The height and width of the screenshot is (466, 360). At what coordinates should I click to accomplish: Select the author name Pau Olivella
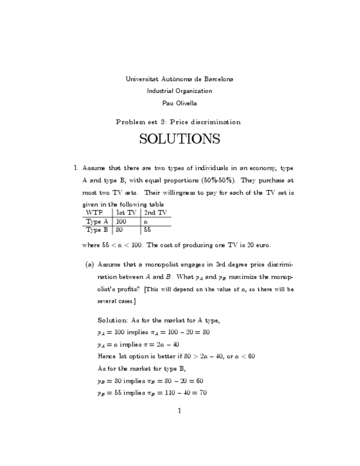[179, 103]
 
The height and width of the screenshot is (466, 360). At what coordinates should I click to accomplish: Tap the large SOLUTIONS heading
[179, 139]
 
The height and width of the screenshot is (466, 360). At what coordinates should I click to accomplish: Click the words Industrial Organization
[179, 91]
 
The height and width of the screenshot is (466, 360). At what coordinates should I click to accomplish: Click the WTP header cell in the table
[95, 212]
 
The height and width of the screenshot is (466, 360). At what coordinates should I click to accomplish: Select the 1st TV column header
[126, 212]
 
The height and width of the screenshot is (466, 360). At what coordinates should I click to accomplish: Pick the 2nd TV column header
[156, 212]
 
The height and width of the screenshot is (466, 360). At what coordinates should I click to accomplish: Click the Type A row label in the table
[97, 221]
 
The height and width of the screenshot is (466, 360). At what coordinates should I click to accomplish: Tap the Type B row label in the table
[97, 230]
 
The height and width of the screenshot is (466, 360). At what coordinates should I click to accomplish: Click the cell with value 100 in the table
[121, 221]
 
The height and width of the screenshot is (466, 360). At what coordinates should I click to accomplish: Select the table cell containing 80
[119, 230]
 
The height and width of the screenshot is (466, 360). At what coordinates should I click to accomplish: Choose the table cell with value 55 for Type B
[147, 230]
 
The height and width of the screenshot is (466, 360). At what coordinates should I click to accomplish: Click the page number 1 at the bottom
[179, 410]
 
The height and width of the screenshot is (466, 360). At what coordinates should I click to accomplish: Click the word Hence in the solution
[107, 357]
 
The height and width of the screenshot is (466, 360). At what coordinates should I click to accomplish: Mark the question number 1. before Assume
[76, 167]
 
